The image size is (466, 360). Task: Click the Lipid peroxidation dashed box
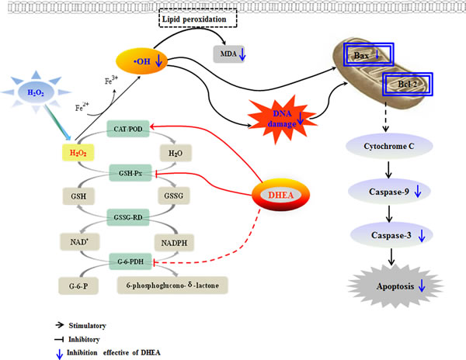point(196,16)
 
